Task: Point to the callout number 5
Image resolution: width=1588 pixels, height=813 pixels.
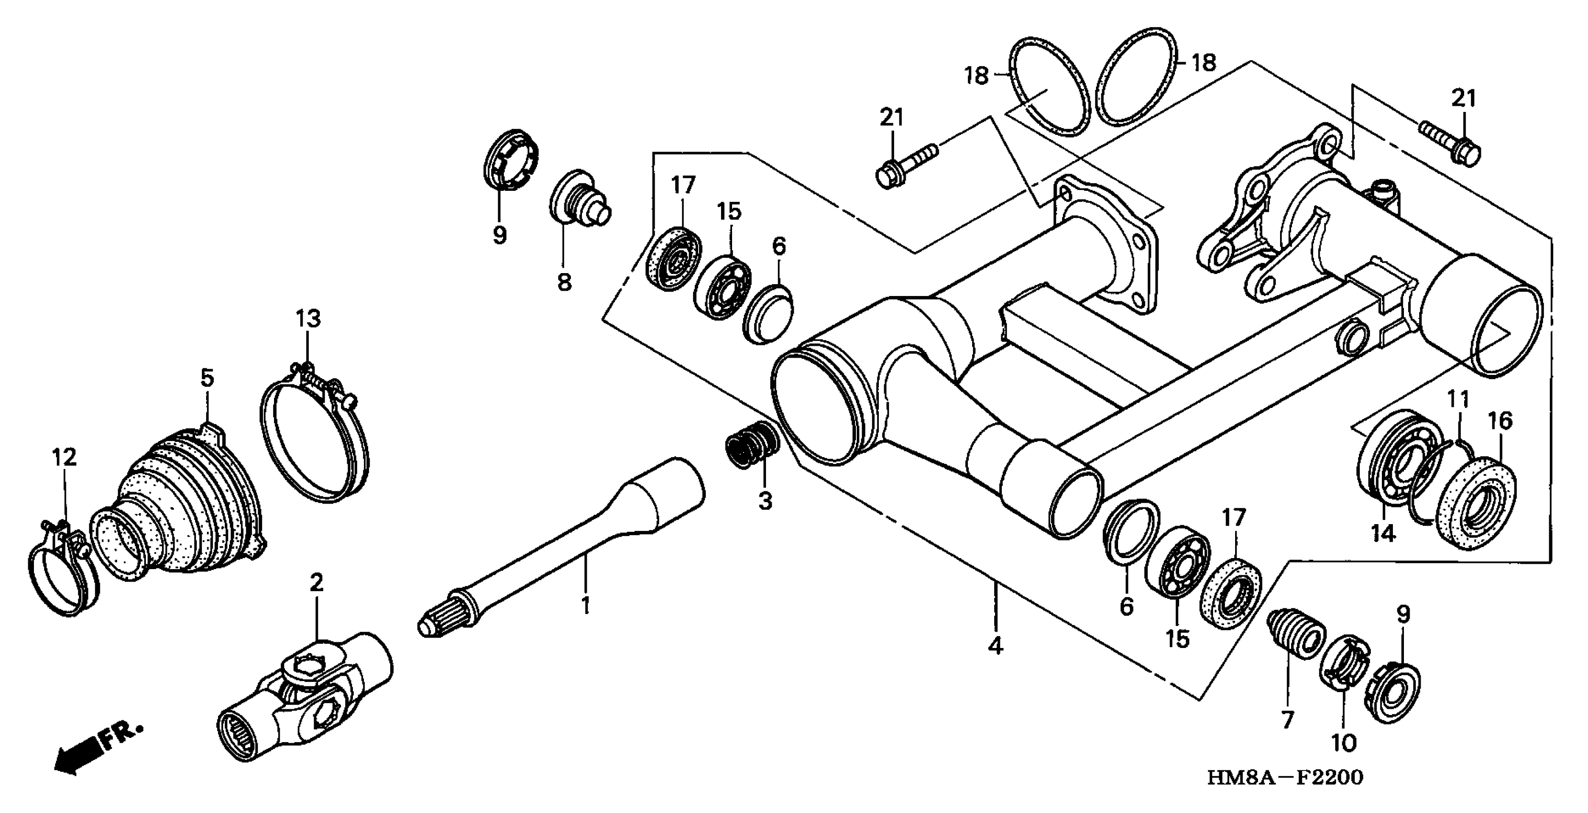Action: pyautogui.click(x=207, y=378)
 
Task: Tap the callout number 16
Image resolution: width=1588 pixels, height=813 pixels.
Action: pyautogui.click(x=1500, y=420)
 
